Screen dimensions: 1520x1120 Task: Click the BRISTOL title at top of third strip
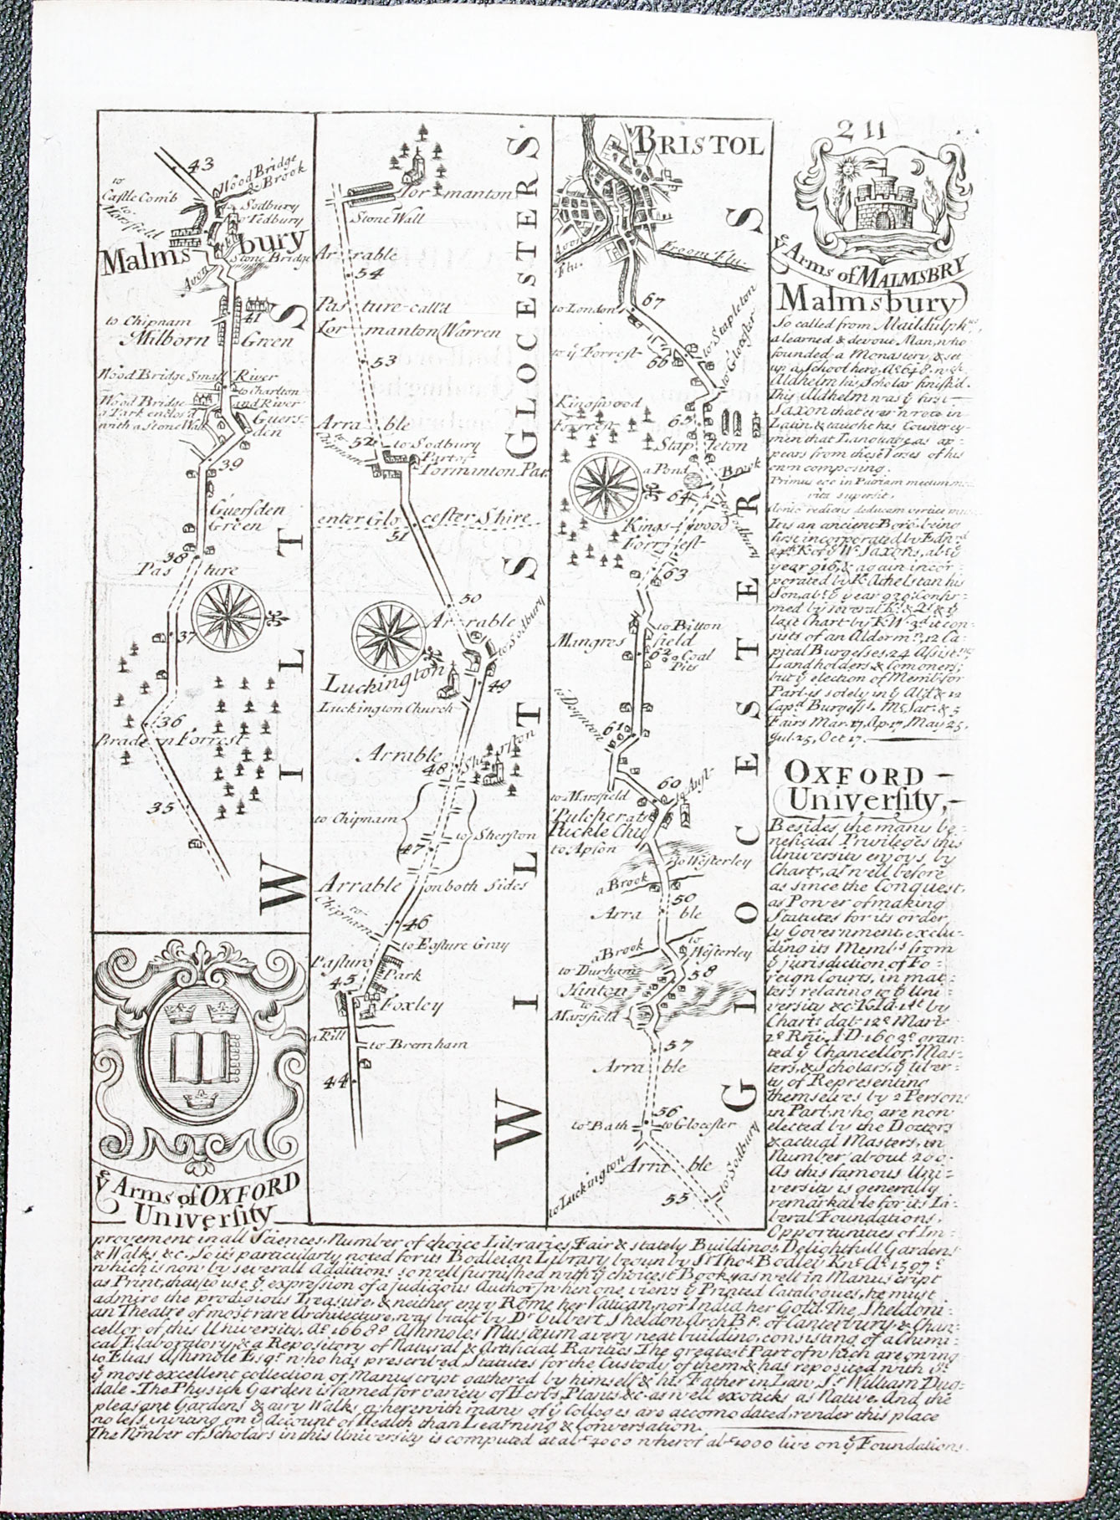click(x=699, y=144)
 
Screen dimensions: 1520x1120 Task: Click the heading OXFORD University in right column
click(x=862, y=786)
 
